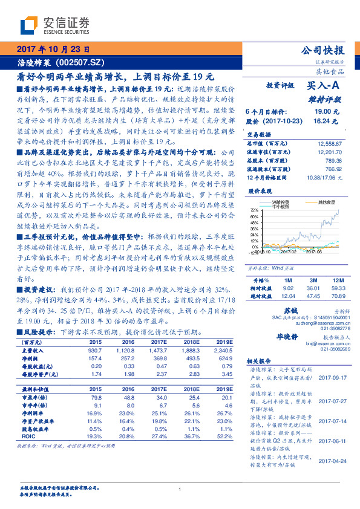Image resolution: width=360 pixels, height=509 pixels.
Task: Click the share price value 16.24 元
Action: [327, 121]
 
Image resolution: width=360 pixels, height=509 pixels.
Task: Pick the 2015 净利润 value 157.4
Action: [96, 358]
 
